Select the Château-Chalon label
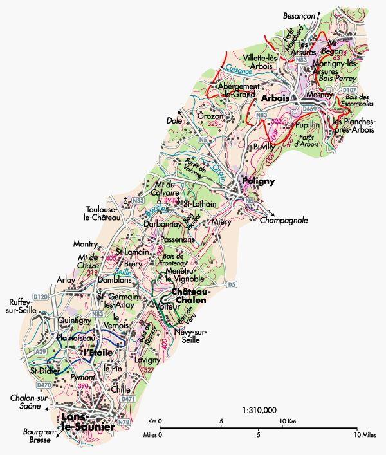(x=189, y=296)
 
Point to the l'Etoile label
(x=98, y=353)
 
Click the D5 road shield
(x=232, y=284)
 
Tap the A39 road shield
(x=41, y=352)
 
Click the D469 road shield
(x=309, y=109)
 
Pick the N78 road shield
(x=124, y=422)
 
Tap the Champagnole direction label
(x=284, y=220)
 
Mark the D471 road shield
(x=129, y=399)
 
